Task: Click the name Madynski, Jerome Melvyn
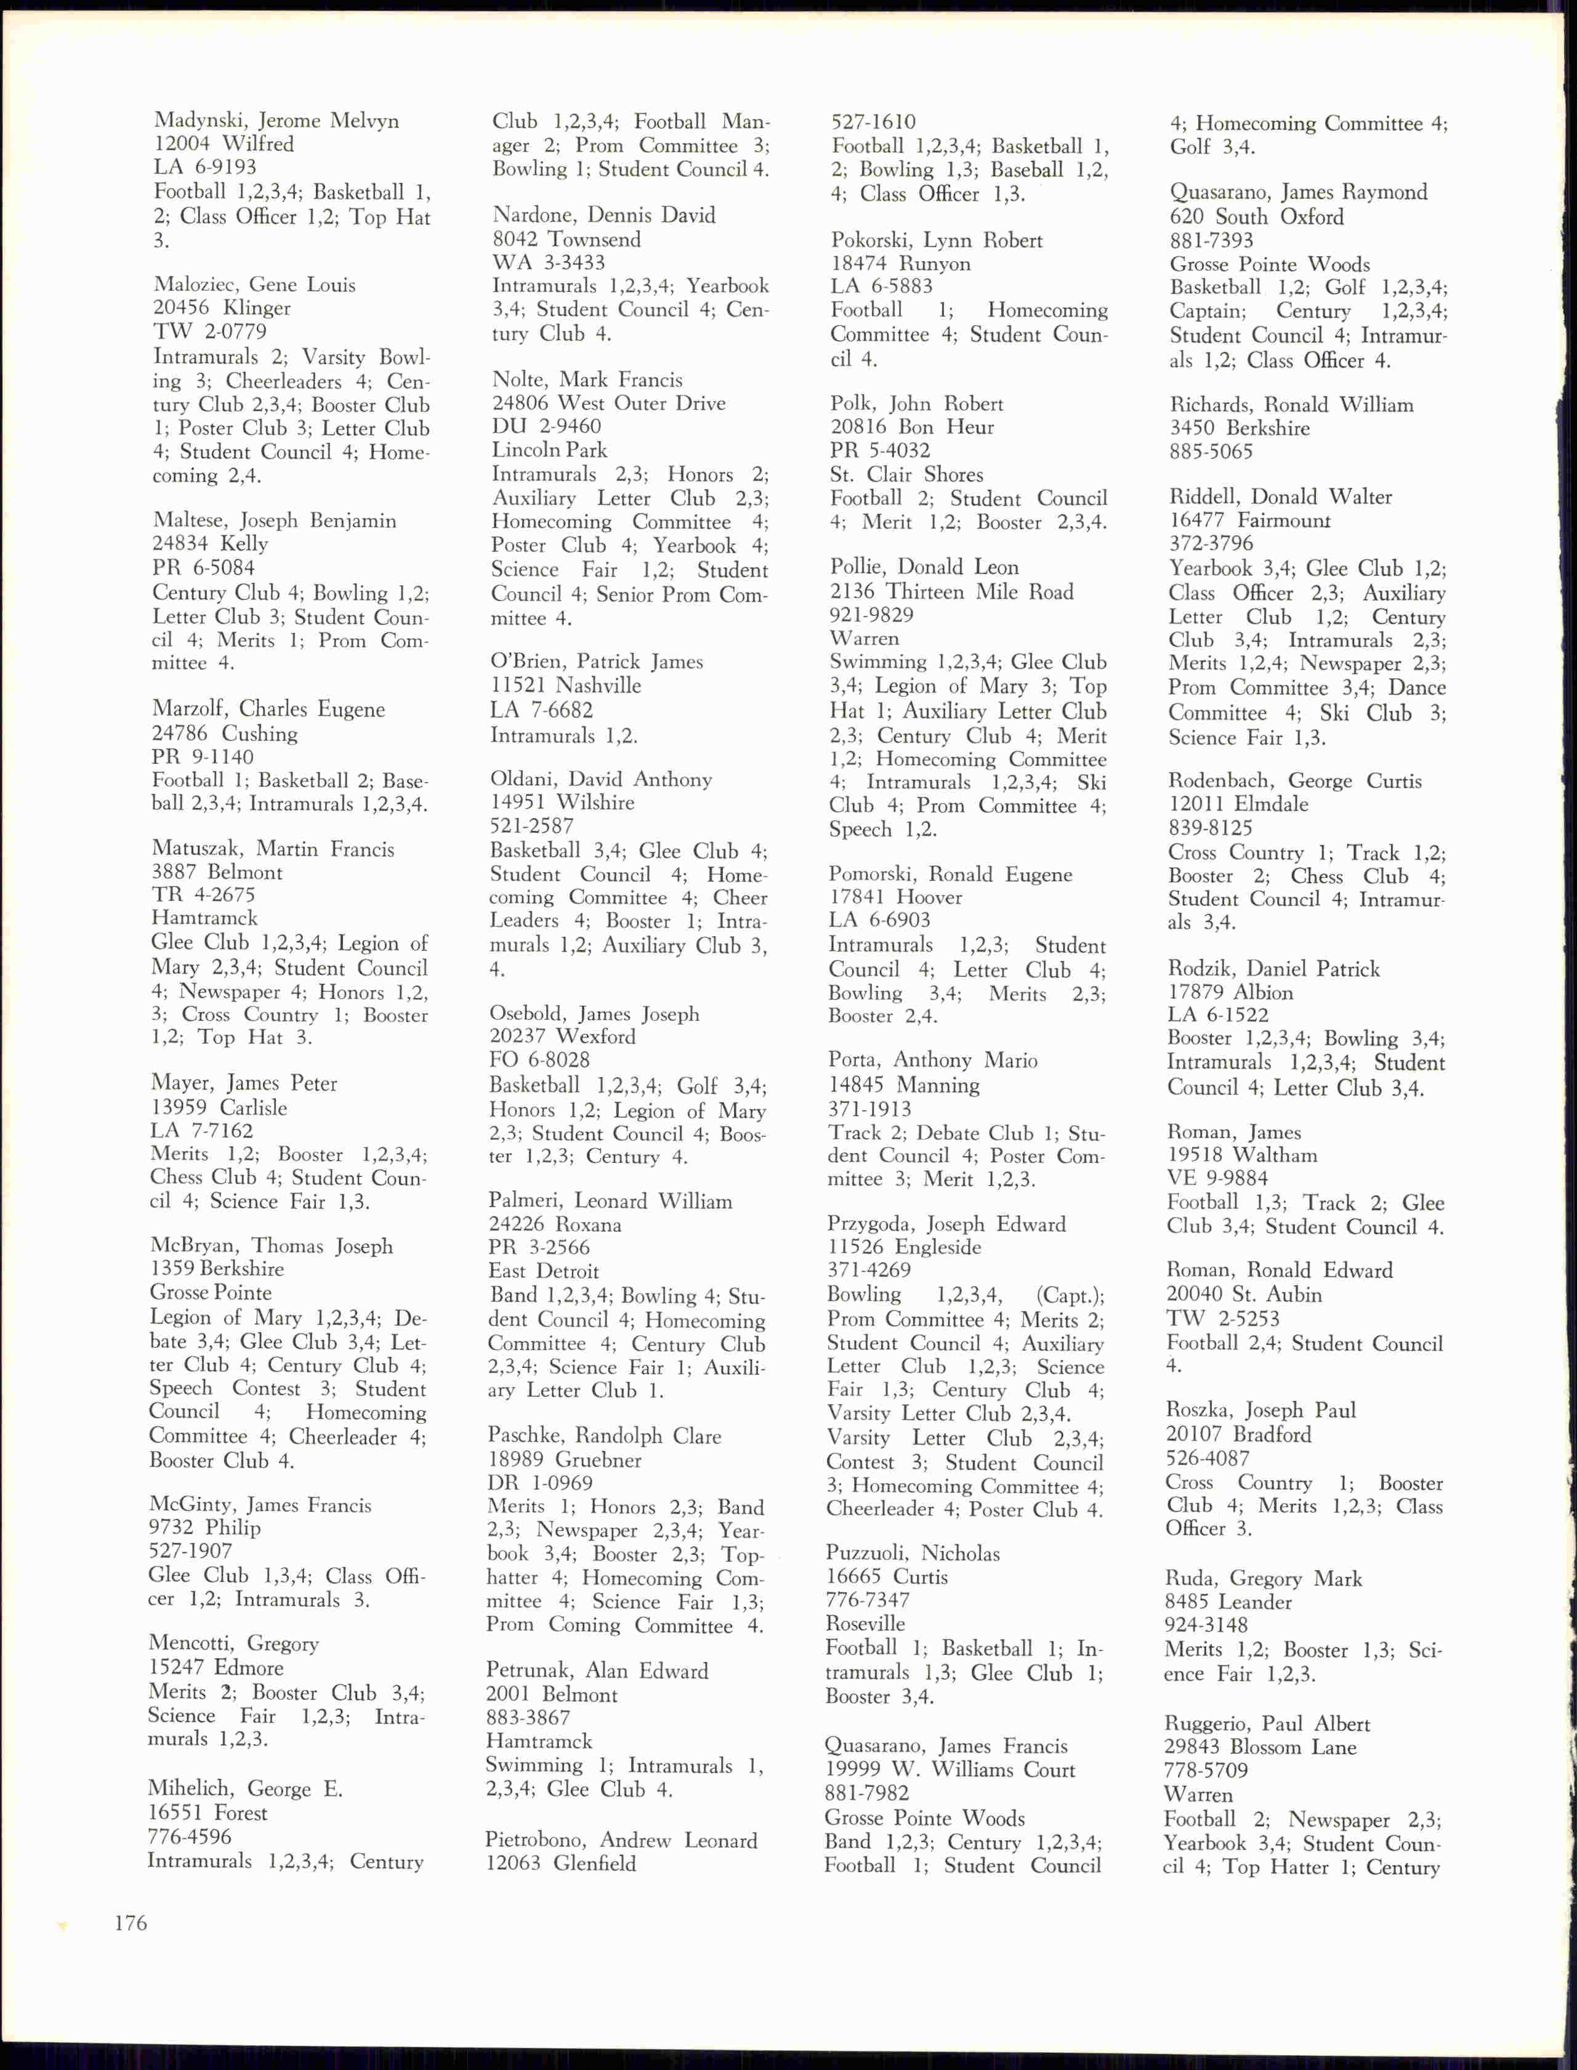[276, 121]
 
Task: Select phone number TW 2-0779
[209, 331]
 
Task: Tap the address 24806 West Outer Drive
[608, 403]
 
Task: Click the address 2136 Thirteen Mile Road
[951, 591]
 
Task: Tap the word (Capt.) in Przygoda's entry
[1069, 1295]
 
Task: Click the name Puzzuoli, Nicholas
[913, 1553]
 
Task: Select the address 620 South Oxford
[1256, 217]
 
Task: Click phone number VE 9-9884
[1217, 1178]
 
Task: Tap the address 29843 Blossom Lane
[1260, 1747]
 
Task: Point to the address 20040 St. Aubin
[1244, 1295]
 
